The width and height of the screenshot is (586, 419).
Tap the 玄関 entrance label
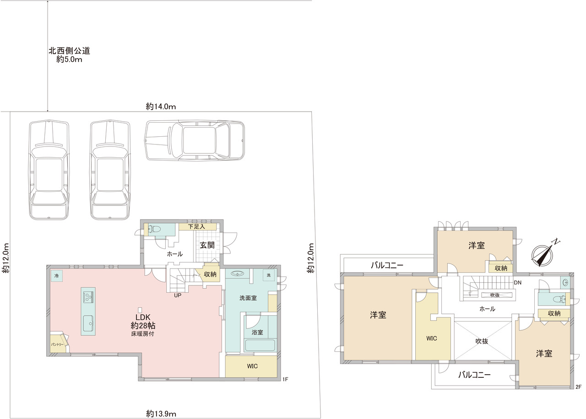207,245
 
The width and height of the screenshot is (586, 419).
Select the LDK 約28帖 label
143,321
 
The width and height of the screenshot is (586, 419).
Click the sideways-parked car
195,140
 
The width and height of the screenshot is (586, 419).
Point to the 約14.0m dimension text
161,107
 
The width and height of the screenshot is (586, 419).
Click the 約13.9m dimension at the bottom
161,414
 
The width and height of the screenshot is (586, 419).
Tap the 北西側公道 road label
69,50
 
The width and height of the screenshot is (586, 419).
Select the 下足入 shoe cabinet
197,226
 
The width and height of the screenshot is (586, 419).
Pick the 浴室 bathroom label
257,332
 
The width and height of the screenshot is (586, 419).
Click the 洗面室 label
248,298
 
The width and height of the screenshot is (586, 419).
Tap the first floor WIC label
252,366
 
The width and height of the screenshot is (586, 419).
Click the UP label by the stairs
178,295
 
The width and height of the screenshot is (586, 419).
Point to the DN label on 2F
517,283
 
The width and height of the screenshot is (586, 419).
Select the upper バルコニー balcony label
387,266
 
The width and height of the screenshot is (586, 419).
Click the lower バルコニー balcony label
474,375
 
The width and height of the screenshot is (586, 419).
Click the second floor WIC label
431,338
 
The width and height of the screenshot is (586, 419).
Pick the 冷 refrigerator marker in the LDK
56,276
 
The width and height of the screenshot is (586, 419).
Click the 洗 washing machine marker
268,275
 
